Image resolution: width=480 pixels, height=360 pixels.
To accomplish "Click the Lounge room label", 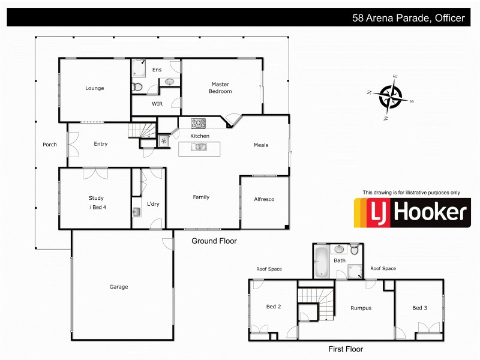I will (94, 88).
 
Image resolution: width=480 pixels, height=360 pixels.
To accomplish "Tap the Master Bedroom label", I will (220, 88).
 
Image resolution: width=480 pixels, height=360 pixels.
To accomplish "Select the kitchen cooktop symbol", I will (198, 124).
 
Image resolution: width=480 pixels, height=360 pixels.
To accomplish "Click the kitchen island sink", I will (200, 147).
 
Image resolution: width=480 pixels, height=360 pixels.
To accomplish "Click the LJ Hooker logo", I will (412, 212).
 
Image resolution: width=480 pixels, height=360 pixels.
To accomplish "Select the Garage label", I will (119, 287).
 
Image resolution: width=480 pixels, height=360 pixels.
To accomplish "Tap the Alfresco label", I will (264, 199).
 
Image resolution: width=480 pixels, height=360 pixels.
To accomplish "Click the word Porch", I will (50, 145).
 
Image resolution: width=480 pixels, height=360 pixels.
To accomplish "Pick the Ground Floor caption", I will (214, 241).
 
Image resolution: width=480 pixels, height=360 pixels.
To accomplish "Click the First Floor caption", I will (346, 349).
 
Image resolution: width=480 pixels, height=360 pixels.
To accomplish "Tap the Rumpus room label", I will (361, 308).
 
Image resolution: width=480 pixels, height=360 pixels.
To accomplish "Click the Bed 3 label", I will (419, 308).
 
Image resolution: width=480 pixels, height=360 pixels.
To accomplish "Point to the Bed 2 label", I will (274, 307).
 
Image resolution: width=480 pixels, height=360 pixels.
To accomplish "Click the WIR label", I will (157, 104).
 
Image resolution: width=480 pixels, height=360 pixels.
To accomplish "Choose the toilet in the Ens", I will (137, 87).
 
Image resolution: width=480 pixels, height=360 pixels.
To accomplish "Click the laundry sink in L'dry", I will (137, 212).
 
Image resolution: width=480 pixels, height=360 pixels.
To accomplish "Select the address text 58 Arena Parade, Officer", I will (408, 18).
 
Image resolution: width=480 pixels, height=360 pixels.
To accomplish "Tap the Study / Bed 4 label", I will (96, 202).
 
